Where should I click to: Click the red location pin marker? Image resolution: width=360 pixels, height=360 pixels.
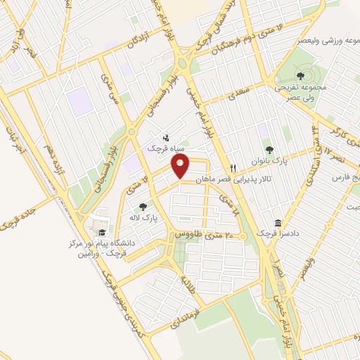pyautogui.click(x=181, y=166)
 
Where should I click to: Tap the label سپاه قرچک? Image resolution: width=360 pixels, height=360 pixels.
pyautogui.click(x=165, y=149)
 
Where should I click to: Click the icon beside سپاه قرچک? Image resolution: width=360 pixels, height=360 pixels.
pyautogui.click(x=165, y=138)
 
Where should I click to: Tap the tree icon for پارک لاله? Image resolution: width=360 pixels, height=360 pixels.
pyautogui.click(x=143, y=207)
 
